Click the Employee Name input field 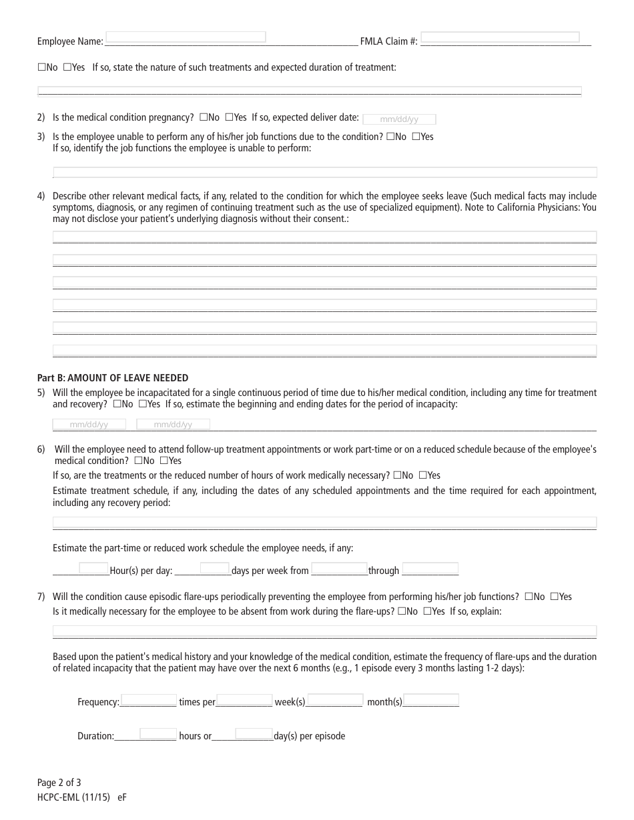(186, 37)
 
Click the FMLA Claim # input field (500, 37)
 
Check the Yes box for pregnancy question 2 (230, 117)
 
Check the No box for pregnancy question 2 (204, 117)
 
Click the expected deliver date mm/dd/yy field (399, 119)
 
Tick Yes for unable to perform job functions (416, 137)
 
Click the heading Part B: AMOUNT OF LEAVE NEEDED (113, 378)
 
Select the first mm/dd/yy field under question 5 (89, 424)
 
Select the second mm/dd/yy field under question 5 (173, 424)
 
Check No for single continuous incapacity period (117, 404)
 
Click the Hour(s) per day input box (93, 568)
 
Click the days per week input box (214, 568)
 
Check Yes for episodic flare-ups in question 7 (555, 597)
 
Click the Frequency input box (148, 700)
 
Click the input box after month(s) (431, 700)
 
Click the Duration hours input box (157, 734)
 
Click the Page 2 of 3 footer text (59, 783)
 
